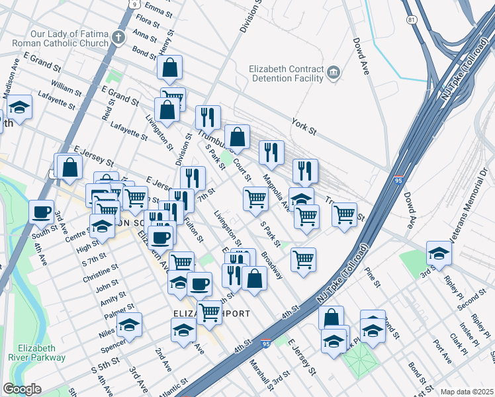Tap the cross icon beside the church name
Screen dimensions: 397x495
click(119, 38)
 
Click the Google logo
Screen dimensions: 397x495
click(22, 389)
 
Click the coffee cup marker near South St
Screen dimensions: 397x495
click(42, 212)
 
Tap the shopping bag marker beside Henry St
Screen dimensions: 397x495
click(170, 68)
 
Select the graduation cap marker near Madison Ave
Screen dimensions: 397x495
click(20, 107)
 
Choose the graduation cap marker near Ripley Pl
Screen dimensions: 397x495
click(439, 254)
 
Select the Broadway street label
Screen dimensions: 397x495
click(271, 265)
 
